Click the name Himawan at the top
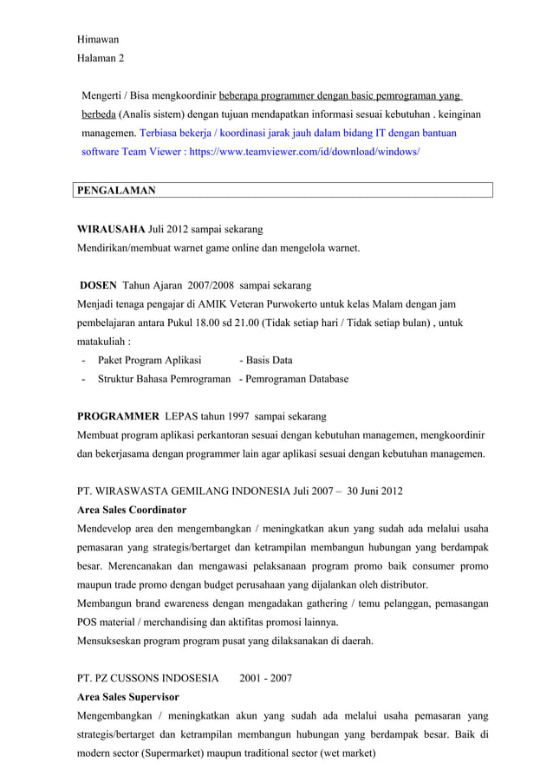click(x=98, y=40)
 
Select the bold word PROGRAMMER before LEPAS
click(x=118, y=416)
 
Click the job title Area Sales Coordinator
click(x=132, y=510)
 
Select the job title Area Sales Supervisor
click(x=128, y=697)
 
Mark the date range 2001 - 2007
click(x=265, y=678)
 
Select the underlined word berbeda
click(x=98, y=114)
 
